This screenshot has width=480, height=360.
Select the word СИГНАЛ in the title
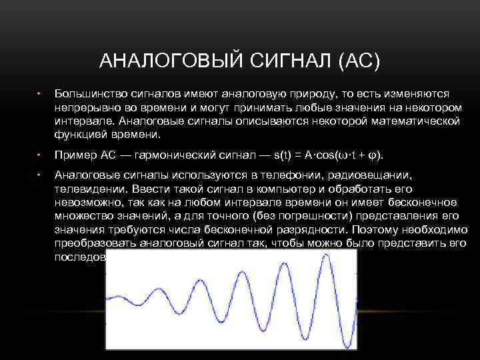(283, 62)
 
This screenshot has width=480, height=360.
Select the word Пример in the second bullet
(73, 155)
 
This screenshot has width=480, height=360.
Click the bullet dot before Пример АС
(40, 155)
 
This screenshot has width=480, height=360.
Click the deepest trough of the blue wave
(347, 345)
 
